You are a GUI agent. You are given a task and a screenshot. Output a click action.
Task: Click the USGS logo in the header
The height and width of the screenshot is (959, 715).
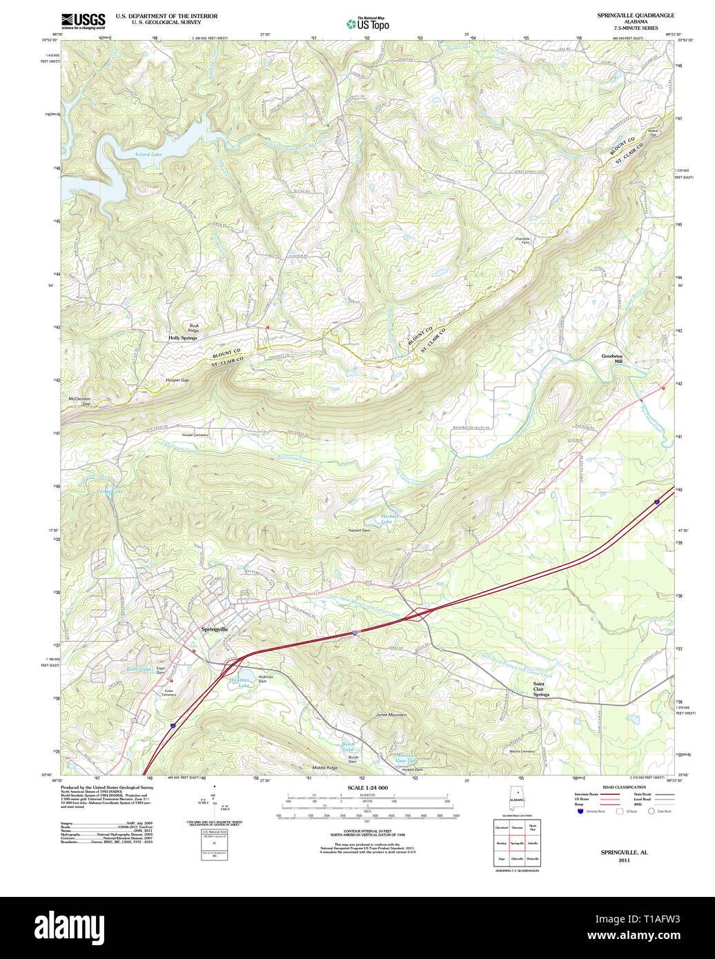83,21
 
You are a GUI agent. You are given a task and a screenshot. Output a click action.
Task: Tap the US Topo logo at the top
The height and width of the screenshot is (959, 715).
368,23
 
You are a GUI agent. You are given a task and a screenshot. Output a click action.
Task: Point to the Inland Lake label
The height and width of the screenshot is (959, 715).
148,155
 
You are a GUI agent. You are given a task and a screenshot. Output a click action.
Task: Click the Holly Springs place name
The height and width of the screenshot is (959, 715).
183,338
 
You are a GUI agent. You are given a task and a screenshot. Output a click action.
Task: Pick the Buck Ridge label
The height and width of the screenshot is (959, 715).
194,328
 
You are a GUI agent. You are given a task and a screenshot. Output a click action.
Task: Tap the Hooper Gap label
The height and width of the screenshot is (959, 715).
177,380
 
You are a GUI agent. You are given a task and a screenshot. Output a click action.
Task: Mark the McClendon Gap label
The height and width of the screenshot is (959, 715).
79,401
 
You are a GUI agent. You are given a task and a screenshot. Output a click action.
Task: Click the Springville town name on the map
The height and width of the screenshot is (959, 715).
214,629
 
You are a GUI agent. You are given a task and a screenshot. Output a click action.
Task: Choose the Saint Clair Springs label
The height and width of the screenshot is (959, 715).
541,689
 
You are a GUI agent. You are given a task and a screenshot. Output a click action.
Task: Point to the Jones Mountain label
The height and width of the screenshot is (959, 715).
391,715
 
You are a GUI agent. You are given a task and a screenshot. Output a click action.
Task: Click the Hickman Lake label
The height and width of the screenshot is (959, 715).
240,683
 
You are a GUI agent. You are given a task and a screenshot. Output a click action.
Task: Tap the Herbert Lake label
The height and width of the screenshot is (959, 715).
391,520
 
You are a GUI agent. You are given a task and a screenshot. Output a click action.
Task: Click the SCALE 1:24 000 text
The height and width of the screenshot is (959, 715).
367,788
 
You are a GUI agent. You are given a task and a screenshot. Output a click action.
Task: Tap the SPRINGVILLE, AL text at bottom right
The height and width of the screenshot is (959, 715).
624,853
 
